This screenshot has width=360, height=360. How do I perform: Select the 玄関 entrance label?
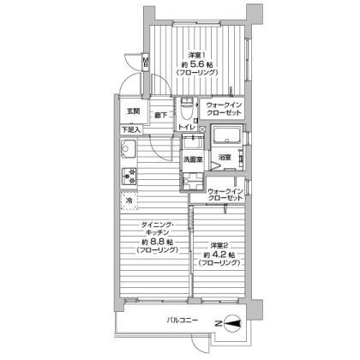point(135,111)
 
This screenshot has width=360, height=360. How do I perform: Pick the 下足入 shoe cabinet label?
point(129,129)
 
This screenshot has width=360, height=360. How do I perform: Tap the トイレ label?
point(187,128)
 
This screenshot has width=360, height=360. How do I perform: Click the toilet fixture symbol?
point(186,110)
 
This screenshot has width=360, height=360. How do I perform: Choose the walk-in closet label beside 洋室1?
point(225,110)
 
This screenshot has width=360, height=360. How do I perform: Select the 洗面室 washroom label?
point(193,159)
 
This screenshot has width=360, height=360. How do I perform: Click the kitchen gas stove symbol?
point(132,177)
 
